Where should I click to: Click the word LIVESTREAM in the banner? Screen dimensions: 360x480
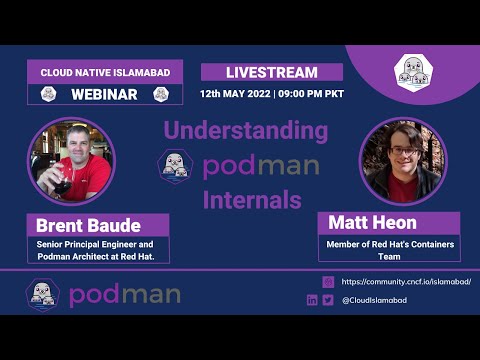point(272,72)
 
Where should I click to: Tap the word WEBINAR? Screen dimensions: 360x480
point(104,94)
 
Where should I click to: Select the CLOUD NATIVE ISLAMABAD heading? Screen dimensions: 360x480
point(104,72)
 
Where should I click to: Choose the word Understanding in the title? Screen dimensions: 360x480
point(246,130)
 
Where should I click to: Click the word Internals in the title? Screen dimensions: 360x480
point(252,199)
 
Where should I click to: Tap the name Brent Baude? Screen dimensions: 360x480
point(89,224)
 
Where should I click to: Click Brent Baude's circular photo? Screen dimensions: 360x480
point(72,160)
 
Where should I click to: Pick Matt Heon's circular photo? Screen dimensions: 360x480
point(403,160)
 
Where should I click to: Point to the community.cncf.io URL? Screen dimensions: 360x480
point(406,282)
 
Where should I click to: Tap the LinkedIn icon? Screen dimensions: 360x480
point(313,299)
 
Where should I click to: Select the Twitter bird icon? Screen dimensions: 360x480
point(328,299)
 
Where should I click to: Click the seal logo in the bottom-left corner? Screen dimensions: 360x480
point(42,294)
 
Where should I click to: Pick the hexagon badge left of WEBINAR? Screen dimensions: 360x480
point(47,94)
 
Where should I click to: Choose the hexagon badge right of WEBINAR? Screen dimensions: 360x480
point(160,94)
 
